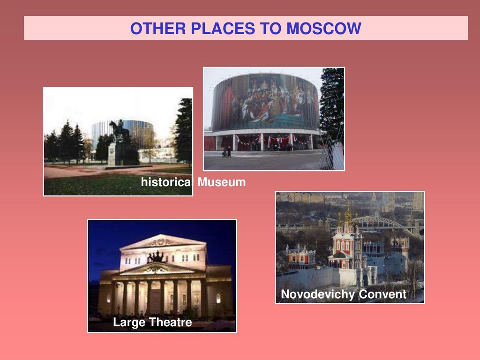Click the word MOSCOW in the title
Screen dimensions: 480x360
[323, 28]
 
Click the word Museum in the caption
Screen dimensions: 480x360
[221, 182]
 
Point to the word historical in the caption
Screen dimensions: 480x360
[167, 182]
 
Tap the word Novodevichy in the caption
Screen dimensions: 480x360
[318, 294]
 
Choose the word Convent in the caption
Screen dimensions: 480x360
[382, 294]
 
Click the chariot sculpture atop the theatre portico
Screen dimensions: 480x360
[157, 257]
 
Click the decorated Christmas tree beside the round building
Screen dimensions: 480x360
[332, 104]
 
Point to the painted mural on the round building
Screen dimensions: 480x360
[266, 101]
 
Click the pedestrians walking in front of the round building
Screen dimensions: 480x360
[227, 152]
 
